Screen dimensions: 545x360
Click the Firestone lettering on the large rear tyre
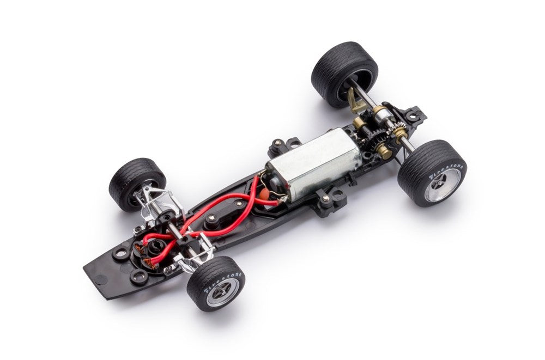[x=446, y=171]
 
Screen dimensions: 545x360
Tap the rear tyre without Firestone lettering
[x=344, y=74]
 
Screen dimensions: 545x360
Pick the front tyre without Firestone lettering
[x=137, y=184]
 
